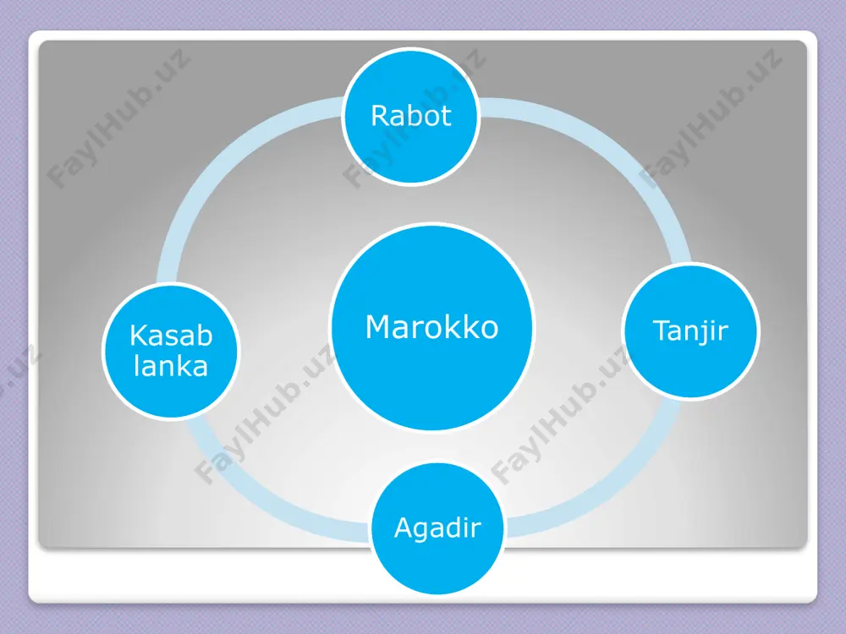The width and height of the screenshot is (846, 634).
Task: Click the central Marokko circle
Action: [x=432, y=327]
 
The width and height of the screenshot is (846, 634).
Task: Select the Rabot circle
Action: [x=411, y=117]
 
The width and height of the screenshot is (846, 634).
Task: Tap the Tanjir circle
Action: [x=690, y=331]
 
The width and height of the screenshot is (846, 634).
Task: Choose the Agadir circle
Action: [x=437, y=527]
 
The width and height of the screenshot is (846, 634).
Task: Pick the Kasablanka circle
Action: [x=171, y=352]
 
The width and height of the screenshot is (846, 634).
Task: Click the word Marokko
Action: [x=431, y=327]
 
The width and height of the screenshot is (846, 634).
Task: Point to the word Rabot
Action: [x=411, y=116]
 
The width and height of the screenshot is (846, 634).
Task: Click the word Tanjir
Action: [x=690, y=331]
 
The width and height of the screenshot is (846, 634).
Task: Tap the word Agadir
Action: [x=437, y=527]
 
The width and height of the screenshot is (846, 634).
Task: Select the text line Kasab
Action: [x=171, y=336]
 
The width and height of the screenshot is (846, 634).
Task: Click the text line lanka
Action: [x=171, y=366]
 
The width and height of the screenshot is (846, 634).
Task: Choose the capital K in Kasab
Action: [x=139, y=336]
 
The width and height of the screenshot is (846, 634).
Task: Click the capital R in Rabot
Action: [x=380, y=116]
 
